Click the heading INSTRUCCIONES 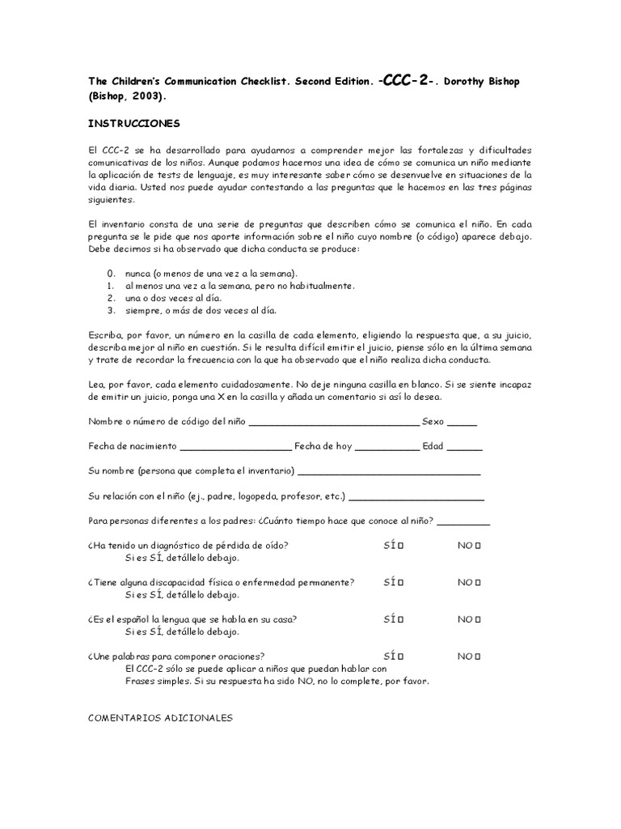coord(133,124)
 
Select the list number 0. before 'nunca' coord(111,273)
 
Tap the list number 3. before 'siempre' coord(111,309)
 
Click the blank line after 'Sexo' coord(462,422)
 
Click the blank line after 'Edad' coord(464,446)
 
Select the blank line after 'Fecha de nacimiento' coord(235,446)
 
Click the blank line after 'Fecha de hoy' coord(387,446)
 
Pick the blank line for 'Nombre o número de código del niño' coord(335,422)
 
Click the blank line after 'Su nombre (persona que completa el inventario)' coord(389,471)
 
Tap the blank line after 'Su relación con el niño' coord(416,495)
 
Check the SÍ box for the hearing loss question coord(401,546)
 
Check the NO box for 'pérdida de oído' coord(478,546)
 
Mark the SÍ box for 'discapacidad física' coord(401,582)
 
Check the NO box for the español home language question coord(478,619)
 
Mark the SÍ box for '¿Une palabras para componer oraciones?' coord(401,656)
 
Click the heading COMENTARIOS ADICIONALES coord(160,717)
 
